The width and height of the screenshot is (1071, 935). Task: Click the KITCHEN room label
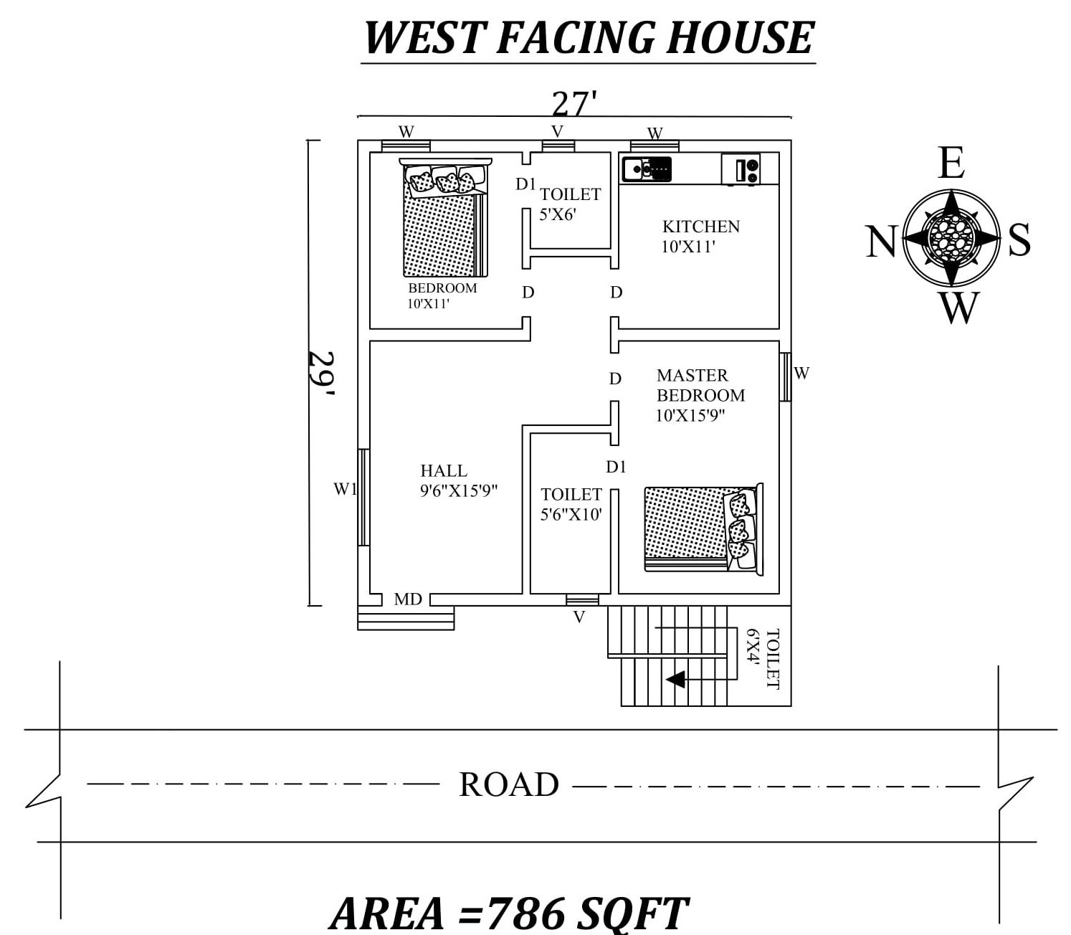point(700,227)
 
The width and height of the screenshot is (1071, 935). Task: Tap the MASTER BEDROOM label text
point(700,386)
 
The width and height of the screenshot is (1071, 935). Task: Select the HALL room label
point(444,471)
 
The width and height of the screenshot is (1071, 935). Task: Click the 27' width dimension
point(573,105)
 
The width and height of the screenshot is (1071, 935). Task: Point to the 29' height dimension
point(321,374)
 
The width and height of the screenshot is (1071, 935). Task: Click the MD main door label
point(408,599)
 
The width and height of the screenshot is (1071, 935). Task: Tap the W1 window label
point(345,489)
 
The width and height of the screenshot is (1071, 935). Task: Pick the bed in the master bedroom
point(703,528)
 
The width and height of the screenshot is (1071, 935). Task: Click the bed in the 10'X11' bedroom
point(444,218)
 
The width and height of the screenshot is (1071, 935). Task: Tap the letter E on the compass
point(951,163)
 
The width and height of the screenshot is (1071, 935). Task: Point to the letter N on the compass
point(881,242)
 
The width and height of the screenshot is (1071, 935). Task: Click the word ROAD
point(509,784)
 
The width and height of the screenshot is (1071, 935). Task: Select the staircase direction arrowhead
point(675,679)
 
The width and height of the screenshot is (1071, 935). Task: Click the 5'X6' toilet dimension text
point(558,214)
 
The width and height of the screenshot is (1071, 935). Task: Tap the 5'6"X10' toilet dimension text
point(571,514)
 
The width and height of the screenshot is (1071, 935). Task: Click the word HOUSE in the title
point(741,38)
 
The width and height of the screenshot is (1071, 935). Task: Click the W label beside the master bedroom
point(801,373)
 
